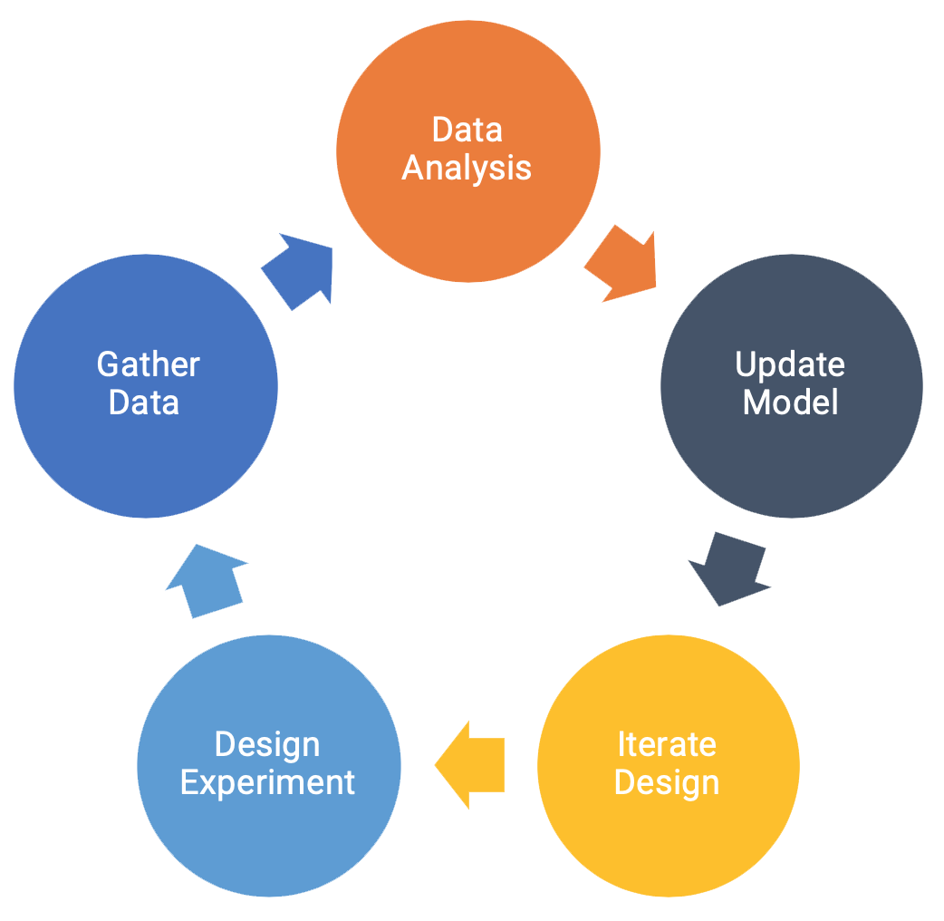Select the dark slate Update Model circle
791,453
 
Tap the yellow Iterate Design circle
668,834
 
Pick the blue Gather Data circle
145,453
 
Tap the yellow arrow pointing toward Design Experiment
470,764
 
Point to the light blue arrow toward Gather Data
206,580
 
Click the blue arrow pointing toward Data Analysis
300,269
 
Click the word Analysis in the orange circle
467,169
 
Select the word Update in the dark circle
790,364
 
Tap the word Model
790,402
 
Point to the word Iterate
667,744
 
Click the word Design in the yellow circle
667,782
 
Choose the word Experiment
267,783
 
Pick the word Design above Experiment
267,744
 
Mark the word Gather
148,364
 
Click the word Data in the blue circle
144,402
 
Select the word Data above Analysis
467,130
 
